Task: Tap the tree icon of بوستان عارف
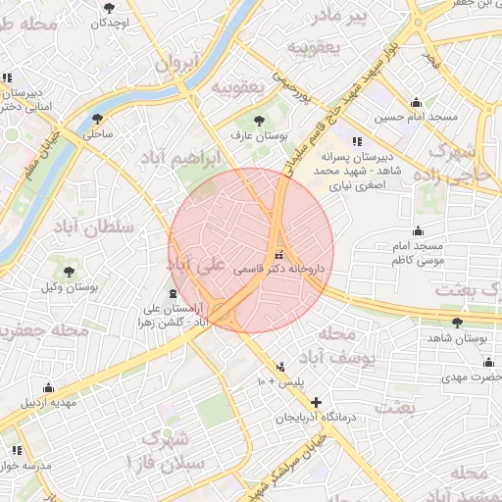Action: [259, 121]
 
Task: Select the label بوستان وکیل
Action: [68, 287]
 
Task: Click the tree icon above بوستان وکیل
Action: [68, 272]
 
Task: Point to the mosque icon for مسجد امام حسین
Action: [416, 102]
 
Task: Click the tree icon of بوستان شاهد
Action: [458, 322]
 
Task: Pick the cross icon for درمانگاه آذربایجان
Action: [316, 402]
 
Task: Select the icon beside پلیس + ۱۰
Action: [281, 367]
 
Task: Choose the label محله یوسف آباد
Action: [342, 348]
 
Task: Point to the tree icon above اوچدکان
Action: [108, 8]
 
